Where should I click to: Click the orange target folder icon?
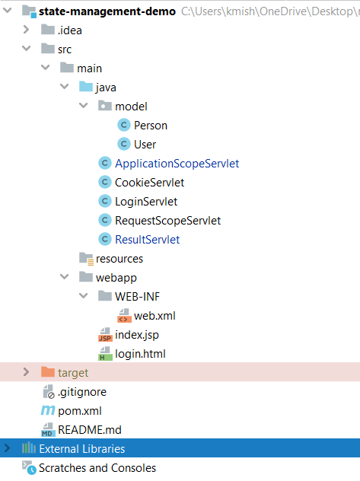(48, 372)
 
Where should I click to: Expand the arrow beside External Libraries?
(7, 448)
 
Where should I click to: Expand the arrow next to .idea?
(26, 30)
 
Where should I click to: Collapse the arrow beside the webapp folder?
(65, 277)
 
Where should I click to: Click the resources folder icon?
(86, 259)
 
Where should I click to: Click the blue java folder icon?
(86, 87)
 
